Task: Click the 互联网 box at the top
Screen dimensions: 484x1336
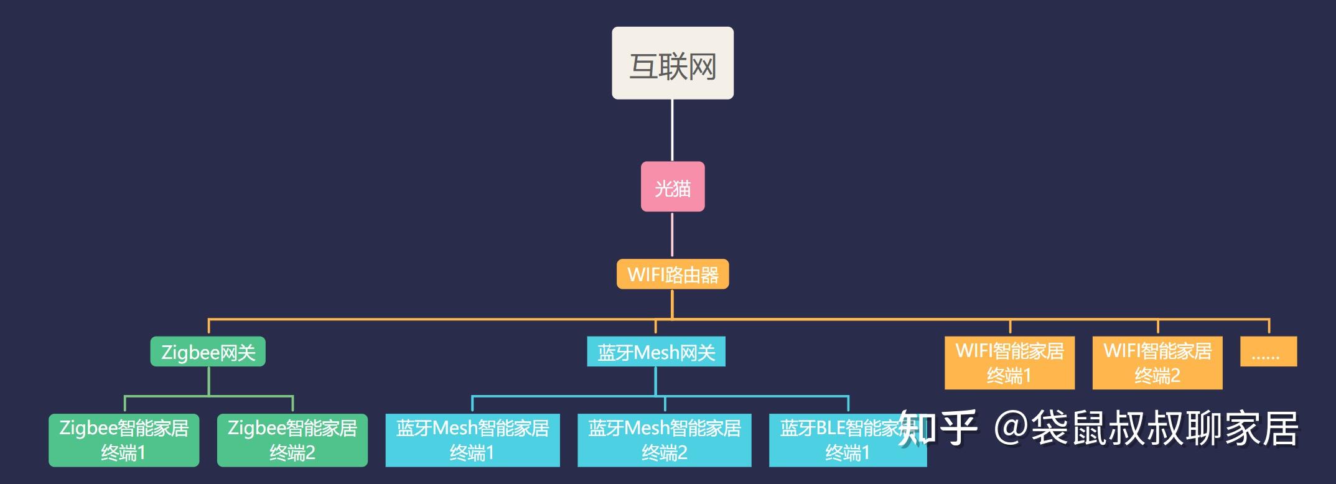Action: point(672,63)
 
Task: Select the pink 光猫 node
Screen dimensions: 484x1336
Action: point(673,187)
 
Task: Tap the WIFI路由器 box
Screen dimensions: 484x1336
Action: point(673,274)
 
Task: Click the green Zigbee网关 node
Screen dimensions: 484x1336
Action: point(208,351)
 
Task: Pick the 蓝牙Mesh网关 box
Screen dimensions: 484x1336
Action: point(656,351)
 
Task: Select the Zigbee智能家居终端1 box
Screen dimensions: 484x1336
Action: point(124,440)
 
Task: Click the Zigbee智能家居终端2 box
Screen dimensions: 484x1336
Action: point(292,440)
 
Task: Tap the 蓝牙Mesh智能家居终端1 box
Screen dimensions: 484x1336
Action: point(472,440)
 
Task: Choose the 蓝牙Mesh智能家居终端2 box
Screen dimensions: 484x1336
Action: point(664,440)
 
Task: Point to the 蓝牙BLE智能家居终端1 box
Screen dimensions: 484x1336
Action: point(828,440)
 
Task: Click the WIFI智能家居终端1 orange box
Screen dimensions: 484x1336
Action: point(1009,363)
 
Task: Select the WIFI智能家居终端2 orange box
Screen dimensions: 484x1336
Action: point(1157,363)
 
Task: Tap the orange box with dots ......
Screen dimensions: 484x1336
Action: point(1268,351)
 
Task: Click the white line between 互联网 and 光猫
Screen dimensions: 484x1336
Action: point(672,130)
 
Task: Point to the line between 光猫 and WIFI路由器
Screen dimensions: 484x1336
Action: point(672,235)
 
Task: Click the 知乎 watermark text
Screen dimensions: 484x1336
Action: point(937,429)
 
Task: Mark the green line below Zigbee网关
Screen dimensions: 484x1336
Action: point(208,381)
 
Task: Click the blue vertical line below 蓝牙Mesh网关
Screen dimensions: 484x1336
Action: point(656,380)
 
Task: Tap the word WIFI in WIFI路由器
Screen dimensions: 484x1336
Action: point(645,274)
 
